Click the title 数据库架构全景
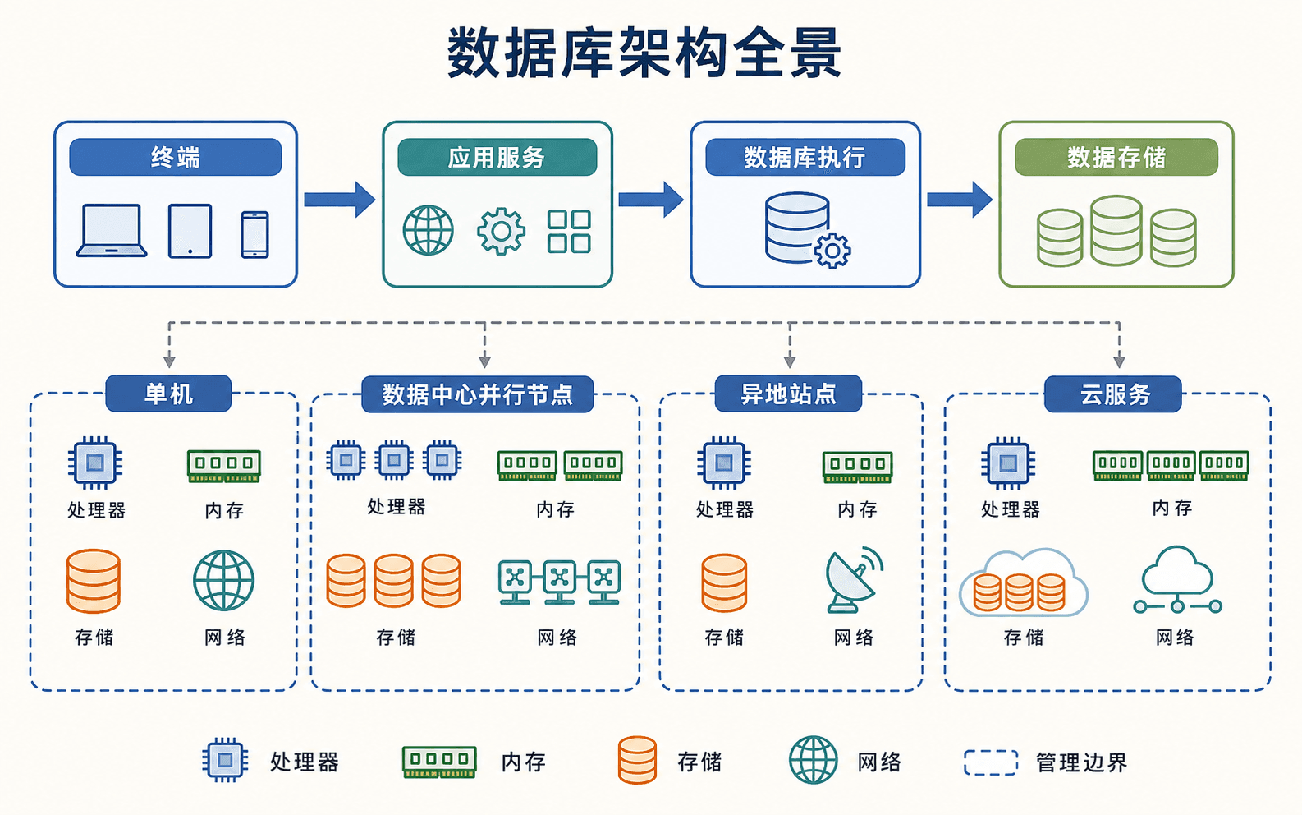(644, 53)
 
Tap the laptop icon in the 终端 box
(112, 230)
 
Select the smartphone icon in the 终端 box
(254, 234)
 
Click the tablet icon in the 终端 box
(190, 230)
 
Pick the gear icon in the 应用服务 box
(501, 231)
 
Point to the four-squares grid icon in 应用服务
(569, 231)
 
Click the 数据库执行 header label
(805, 157)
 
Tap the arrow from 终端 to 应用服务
(339, 200)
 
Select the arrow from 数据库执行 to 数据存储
(960, 200)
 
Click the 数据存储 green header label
(1116, 157)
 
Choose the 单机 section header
(168, 394)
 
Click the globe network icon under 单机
(224, 580)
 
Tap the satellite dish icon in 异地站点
(853, 579)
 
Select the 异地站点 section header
(788, 394)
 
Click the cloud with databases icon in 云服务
(1023, 582)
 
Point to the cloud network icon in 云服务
(1177, 580)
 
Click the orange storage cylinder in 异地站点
(724, 582)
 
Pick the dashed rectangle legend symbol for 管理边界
(991, 762)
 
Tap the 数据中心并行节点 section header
(477, 394)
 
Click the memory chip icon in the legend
(439, 762)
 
